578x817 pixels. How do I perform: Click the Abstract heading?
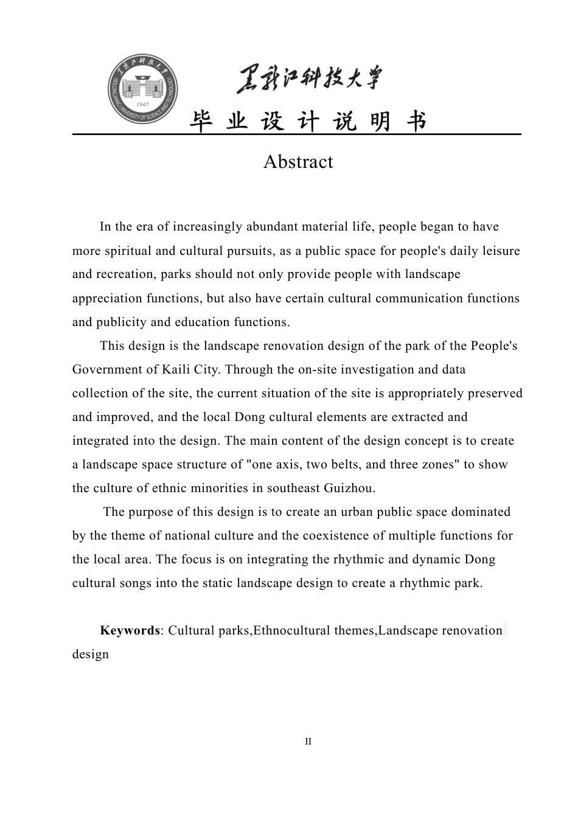pos(298,162)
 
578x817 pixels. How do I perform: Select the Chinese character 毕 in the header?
pos(201,122)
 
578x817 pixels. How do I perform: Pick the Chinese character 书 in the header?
pos(417,122)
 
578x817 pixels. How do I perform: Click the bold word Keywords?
pos(130,630)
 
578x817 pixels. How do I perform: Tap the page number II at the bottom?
pos(308,742)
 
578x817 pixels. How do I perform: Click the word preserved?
pos(495,394)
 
